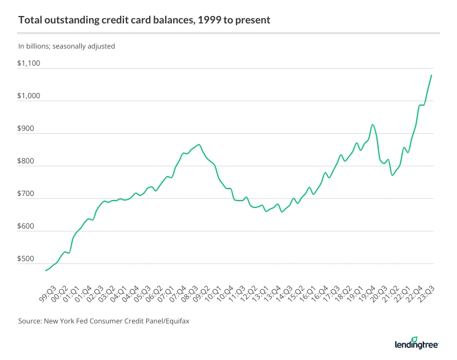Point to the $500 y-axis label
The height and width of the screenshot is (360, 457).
click(x=26, y=259)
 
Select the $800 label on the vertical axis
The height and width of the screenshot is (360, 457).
click(x=26, y=161)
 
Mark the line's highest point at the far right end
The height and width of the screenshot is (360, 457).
click(x=431, y=75)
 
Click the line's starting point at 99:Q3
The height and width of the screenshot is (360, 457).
click(x=45, y=270)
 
